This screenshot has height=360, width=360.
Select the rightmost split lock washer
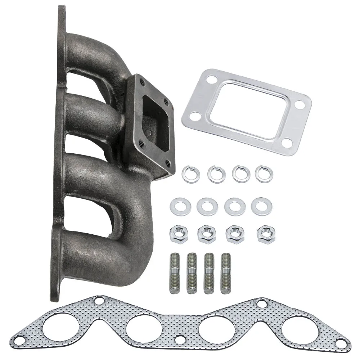264,174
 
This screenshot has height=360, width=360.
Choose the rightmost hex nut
266,234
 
